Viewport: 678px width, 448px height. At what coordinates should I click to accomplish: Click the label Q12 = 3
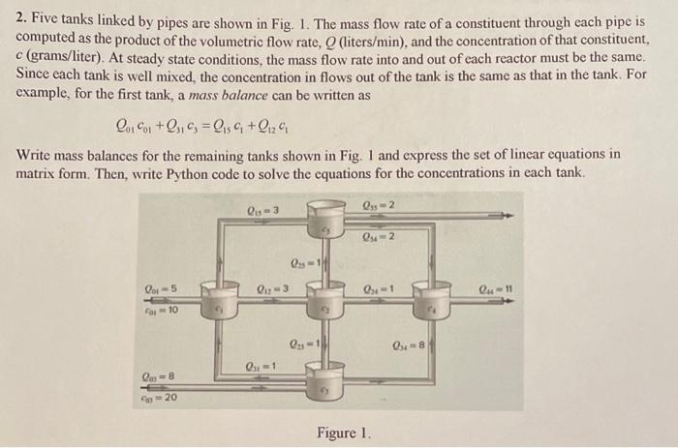266,285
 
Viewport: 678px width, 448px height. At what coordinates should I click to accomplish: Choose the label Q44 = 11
497,285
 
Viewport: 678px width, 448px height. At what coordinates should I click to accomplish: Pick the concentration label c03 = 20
158,397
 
